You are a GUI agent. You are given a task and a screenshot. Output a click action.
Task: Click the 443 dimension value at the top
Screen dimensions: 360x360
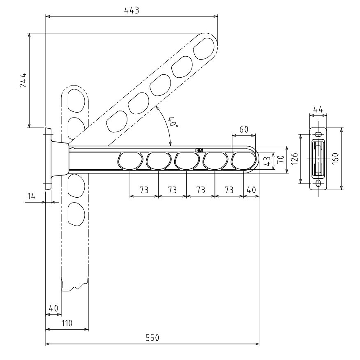(132, 10)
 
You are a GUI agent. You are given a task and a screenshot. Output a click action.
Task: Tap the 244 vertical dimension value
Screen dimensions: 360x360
(23, 81)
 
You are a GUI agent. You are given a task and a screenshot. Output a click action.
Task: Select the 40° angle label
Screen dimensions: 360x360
(173, 122)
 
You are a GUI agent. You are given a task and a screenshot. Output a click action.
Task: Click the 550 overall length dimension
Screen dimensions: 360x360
(152, 338)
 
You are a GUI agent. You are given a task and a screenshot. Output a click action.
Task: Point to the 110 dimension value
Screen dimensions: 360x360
(67, 323)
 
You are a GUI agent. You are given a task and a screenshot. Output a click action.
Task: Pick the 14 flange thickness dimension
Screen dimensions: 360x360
(31, 196)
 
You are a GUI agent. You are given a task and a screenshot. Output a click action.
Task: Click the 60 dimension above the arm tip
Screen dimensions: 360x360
(244, 130)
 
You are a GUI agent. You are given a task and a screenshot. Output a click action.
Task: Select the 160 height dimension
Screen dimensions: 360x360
(335, 158)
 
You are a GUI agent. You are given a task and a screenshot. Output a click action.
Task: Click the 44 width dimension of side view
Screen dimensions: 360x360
(318, 109)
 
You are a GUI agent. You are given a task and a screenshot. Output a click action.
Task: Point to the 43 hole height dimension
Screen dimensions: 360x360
(267, 161)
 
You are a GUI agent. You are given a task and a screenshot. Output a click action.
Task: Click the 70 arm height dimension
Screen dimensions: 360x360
(281, 159)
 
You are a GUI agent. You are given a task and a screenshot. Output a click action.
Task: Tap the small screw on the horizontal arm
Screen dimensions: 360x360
(199, 150)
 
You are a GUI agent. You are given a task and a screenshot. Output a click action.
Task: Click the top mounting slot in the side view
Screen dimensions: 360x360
(318, 134)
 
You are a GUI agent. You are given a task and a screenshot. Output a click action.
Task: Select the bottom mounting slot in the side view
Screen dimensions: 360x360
(318, 183)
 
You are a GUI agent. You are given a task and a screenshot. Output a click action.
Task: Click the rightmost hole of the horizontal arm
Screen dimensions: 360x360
(243, 161)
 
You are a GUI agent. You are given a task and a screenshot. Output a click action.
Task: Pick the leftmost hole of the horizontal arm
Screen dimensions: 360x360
(130, 161)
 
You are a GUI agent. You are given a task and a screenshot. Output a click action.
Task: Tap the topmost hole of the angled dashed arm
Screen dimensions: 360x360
(204, 49)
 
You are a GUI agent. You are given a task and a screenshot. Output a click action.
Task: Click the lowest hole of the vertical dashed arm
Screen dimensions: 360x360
(76, 214)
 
